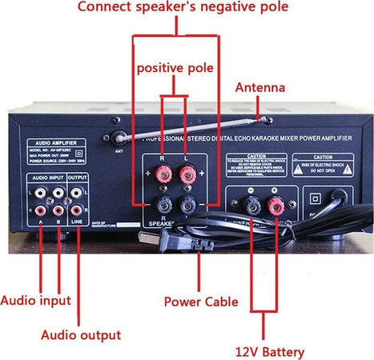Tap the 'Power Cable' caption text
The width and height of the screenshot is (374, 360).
(201, 302)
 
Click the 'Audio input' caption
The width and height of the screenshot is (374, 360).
(35, 301)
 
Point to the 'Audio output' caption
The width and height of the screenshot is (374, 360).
(81, 334)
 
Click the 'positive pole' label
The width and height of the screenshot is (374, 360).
(175, 68)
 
